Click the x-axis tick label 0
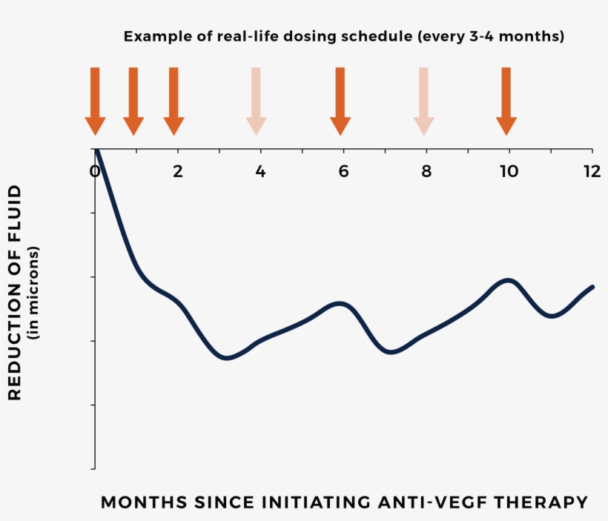[x=95, y=170]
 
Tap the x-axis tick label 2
[x=178, y=170]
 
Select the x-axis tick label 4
[x=260, y=170]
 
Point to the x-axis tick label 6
[x=343, y=170]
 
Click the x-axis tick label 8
[x=426, y=170]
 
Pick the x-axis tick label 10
[x=509, y=170]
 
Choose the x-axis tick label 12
[x=592, y=170]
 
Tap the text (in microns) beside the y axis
[x=34, y=293]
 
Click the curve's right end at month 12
[x=592, y=287]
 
